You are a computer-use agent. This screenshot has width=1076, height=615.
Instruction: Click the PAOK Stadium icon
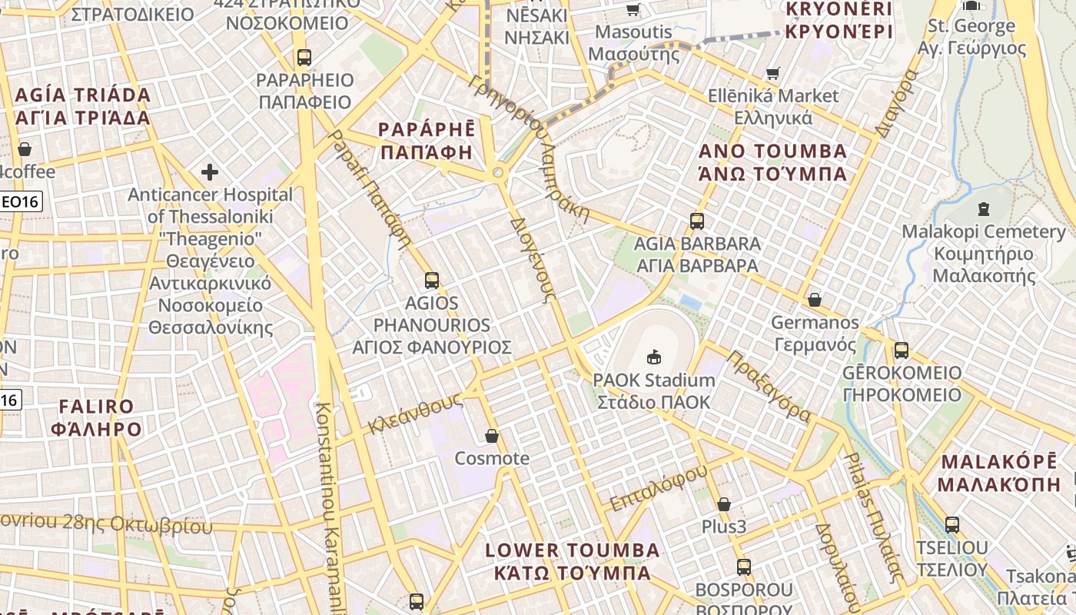tap(654, 357)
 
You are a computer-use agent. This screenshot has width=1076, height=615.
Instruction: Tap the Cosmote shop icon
tap(492, 437)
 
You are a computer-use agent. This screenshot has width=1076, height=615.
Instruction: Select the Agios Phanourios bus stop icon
tap(432, 281)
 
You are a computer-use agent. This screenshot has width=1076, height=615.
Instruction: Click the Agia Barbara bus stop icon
tap(697, 221)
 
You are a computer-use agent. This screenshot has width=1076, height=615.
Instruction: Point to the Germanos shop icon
tap(815, 300)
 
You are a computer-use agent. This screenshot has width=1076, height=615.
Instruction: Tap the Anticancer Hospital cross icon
tap(209, 172)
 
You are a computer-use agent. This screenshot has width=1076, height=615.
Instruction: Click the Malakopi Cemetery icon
tap(983, 208)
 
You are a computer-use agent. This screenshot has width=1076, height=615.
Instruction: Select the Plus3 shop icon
tap(724, 505)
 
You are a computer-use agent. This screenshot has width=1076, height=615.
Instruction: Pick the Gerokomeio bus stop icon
tap(902, 351)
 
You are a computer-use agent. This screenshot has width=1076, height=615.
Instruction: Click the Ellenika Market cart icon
tap(773, 74)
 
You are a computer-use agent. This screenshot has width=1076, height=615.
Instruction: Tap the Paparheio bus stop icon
tap(304, 58)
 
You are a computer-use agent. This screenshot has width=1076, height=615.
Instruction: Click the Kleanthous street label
tap(415, 413)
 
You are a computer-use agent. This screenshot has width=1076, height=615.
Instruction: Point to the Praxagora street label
tap(769, 386)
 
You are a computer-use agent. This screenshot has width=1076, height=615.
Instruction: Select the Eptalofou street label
tap(658, 488)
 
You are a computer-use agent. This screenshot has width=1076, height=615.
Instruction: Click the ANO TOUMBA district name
tap(772, 161)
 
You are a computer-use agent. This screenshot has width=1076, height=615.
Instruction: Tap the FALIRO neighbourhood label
tap(96, 417)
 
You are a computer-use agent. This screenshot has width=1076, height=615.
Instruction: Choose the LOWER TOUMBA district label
tap(573, 561)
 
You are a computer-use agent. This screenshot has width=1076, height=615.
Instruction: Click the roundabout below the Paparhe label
tap(499, 173)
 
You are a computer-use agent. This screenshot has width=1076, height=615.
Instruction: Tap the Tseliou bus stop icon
tap(952, 525)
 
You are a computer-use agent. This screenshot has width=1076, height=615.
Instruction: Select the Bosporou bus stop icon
tap(744, 567)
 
